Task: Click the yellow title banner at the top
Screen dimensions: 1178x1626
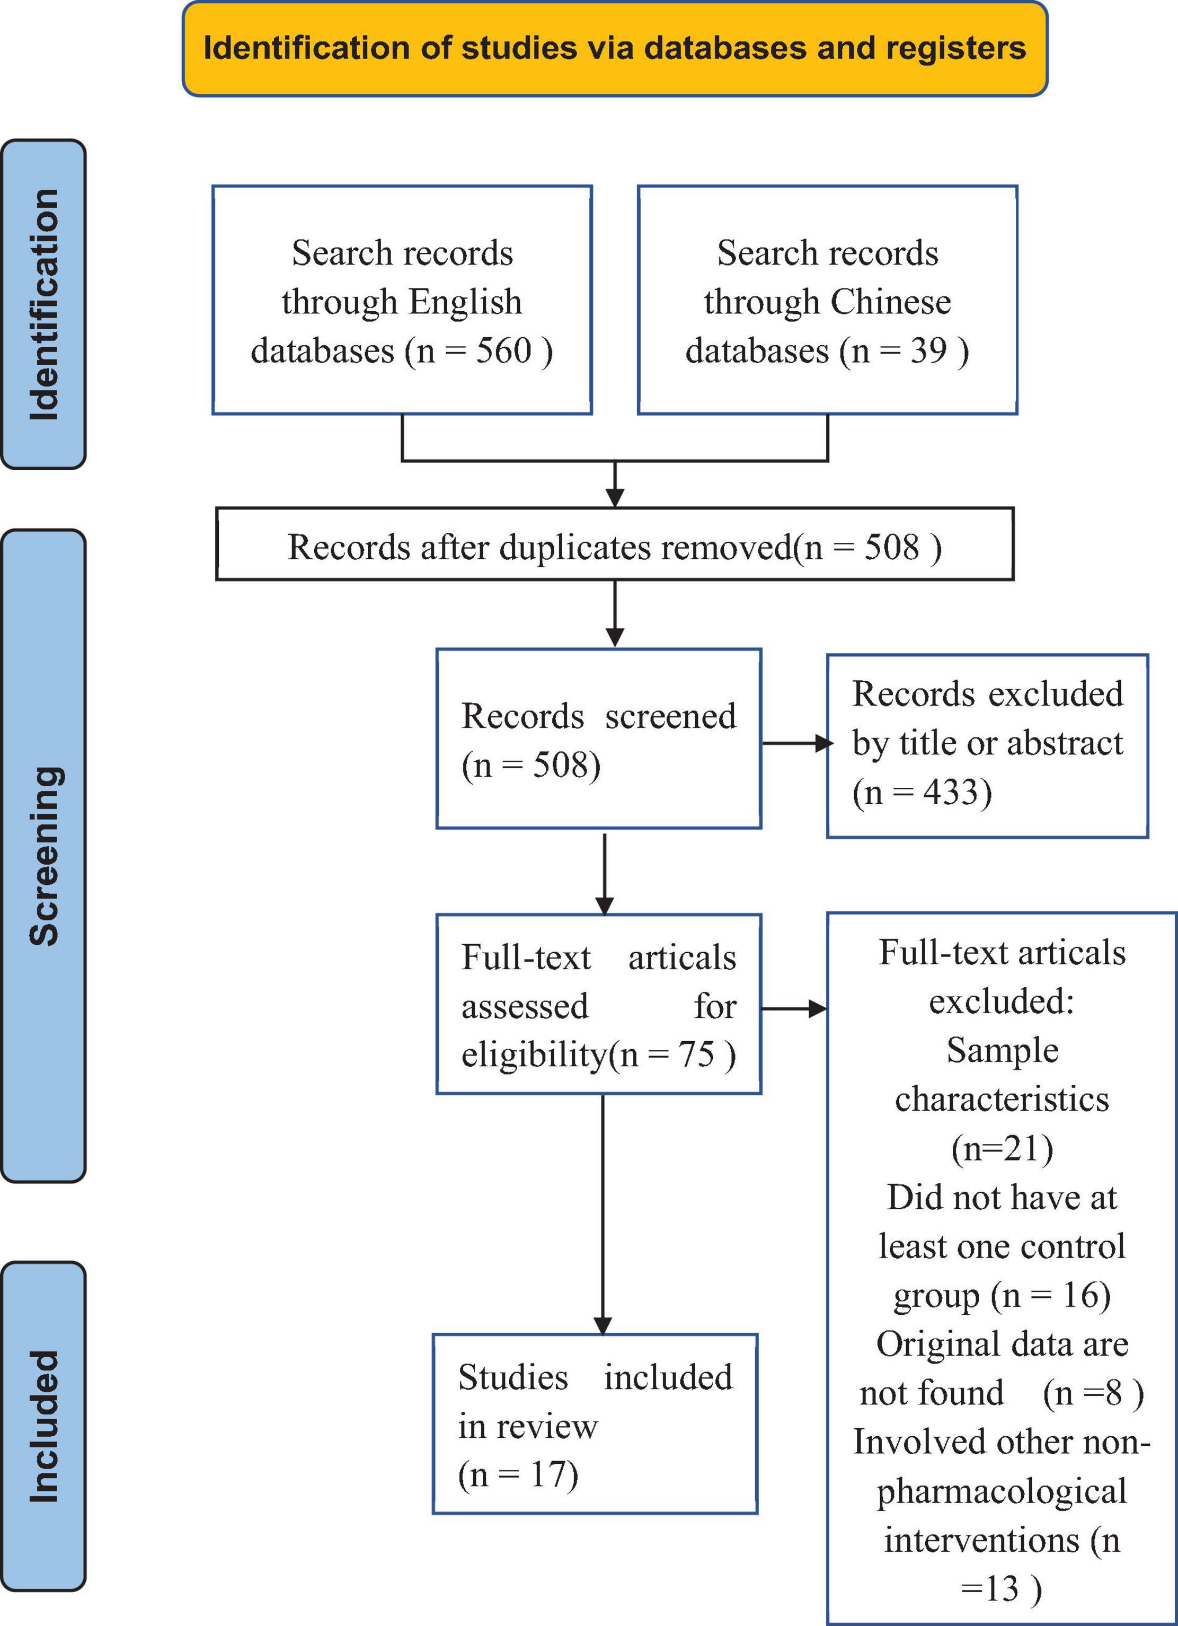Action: coord(615,49)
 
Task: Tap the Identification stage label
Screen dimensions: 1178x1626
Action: coord(43,304)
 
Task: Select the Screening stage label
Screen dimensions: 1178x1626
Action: coord(43,856)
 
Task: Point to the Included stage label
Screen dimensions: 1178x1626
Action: coord(43,1426)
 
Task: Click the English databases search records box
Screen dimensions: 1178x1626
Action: coord(402,300)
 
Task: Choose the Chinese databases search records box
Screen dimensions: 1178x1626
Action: coord(828,300)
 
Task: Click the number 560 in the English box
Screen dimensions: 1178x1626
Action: coord(504,350)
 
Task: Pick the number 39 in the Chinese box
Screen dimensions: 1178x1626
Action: coord(928,350)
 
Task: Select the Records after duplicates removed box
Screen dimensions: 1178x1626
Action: coord(615,544)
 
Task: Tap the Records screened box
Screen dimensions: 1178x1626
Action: coord(598,739)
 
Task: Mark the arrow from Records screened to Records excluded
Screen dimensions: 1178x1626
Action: coord(797,743)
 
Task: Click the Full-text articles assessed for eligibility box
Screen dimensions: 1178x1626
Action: coord(598,1004)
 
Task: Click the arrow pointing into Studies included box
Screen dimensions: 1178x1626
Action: coord(604,1215)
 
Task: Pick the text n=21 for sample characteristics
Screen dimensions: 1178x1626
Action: coord(1002,1148)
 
